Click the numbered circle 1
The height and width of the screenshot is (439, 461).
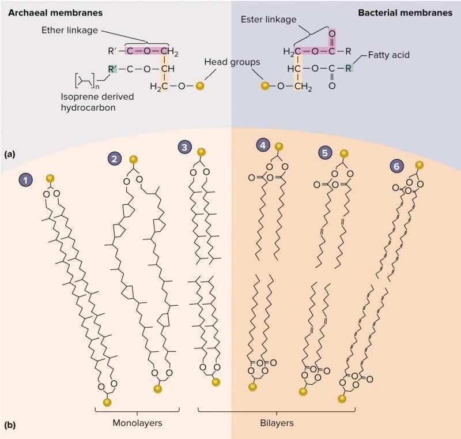tap(26, 180)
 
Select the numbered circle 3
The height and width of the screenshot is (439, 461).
tap(184, 148)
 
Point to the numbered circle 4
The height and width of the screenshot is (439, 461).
tap(263, 146)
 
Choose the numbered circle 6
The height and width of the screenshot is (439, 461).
tap(397, 165)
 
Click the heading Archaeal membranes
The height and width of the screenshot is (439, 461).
tap(43, 12)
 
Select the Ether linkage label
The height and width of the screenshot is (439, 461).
tap(69, 30)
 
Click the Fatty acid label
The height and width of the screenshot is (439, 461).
tap(390, 57)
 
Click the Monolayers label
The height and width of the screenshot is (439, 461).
tap(138, 422)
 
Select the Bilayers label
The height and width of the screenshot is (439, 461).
tap(276, 422)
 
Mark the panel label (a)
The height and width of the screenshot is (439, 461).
tap(9, 154)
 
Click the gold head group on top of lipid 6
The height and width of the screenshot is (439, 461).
tap(420, 166)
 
